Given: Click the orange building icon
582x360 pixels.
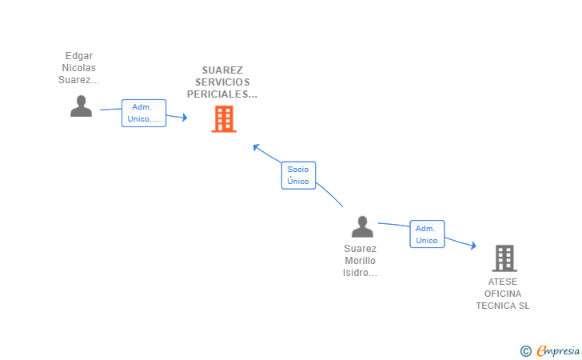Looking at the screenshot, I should (224, 118).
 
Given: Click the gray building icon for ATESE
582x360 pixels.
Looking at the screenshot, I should (504, 258).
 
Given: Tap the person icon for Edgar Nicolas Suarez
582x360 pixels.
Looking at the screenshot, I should (81, 106).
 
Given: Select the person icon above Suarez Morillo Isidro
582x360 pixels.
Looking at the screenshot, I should (362, 227).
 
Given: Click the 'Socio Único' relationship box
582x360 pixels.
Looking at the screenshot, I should (298, 175).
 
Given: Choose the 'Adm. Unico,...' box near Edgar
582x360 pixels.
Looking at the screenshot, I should (144, 113).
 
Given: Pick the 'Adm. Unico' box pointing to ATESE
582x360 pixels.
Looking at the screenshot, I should (427, 234).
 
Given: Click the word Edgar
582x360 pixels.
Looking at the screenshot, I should (79, 56).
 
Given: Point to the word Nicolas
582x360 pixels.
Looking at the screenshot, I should (79, 68).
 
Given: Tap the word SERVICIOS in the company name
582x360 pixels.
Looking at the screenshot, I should (222, 82).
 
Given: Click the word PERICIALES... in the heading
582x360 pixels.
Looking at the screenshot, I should (222, 94).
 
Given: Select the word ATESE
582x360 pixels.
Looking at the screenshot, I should (503, 282).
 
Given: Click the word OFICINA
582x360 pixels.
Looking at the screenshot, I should (503, 294).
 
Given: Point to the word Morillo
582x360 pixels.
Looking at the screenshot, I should (360, 261).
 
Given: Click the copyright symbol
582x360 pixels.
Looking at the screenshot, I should (525, 350).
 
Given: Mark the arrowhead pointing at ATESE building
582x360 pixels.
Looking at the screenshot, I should (473, 246).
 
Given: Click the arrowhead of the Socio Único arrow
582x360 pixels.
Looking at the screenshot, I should (256, 146).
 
